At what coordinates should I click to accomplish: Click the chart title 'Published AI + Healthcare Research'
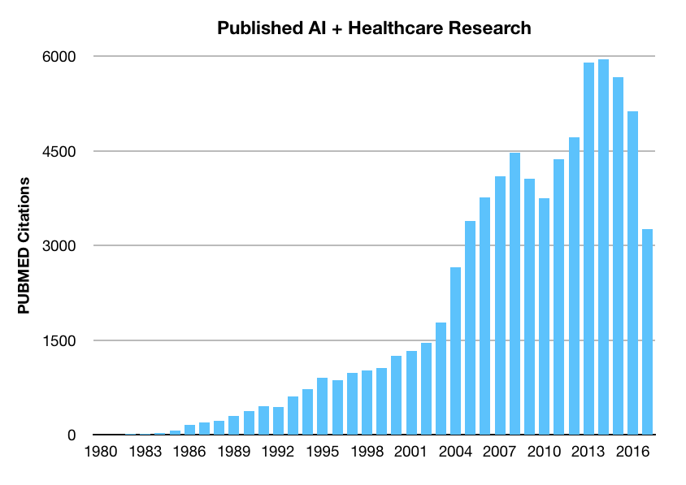pyautogui.click(x=373, y=28)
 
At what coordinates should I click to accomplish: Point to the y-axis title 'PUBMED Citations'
pyautogui.click(x=24, y=246)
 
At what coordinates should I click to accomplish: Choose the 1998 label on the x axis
pyautogui.click(x=367, y=452)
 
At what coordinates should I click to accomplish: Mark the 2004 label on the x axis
pyautogui.click(x=455, y=452)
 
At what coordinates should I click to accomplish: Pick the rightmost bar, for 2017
pyautogui.click(x=648, y=332)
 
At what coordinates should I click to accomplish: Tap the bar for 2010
pyautogui.click(x=544, y=317)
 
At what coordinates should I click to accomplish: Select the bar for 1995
pyautogui.click(x=323, y=406)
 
